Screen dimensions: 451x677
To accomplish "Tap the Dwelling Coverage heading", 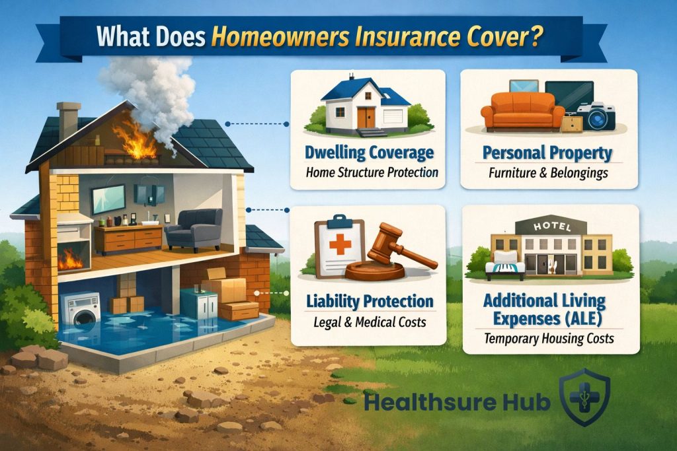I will [x=369, y=153].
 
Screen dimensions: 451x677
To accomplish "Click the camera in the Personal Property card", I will [x=596, y=116].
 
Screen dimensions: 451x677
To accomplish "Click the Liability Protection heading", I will [x=370, y=301].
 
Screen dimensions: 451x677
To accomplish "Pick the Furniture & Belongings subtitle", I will [x=549, y=174].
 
